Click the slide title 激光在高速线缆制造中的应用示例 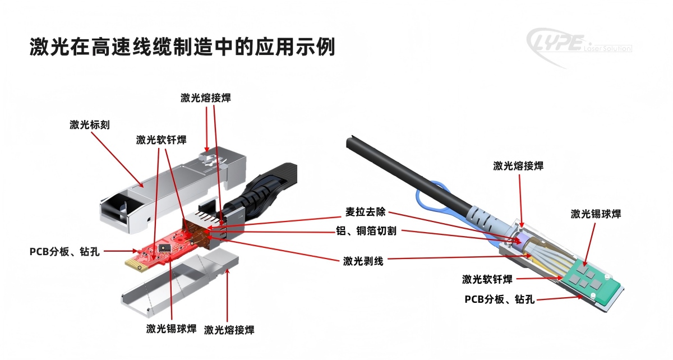pos(182,47)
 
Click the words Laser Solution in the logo pos(607,48)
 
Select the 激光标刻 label pos(90,124)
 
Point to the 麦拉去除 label pos(365,212)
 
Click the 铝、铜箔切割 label pos(366,231)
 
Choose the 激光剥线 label pos(363,261)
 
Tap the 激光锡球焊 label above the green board pos(596,214)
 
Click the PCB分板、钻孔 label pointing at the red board pos(64,252)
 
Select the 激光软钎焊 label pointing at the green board pos(487,279)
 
